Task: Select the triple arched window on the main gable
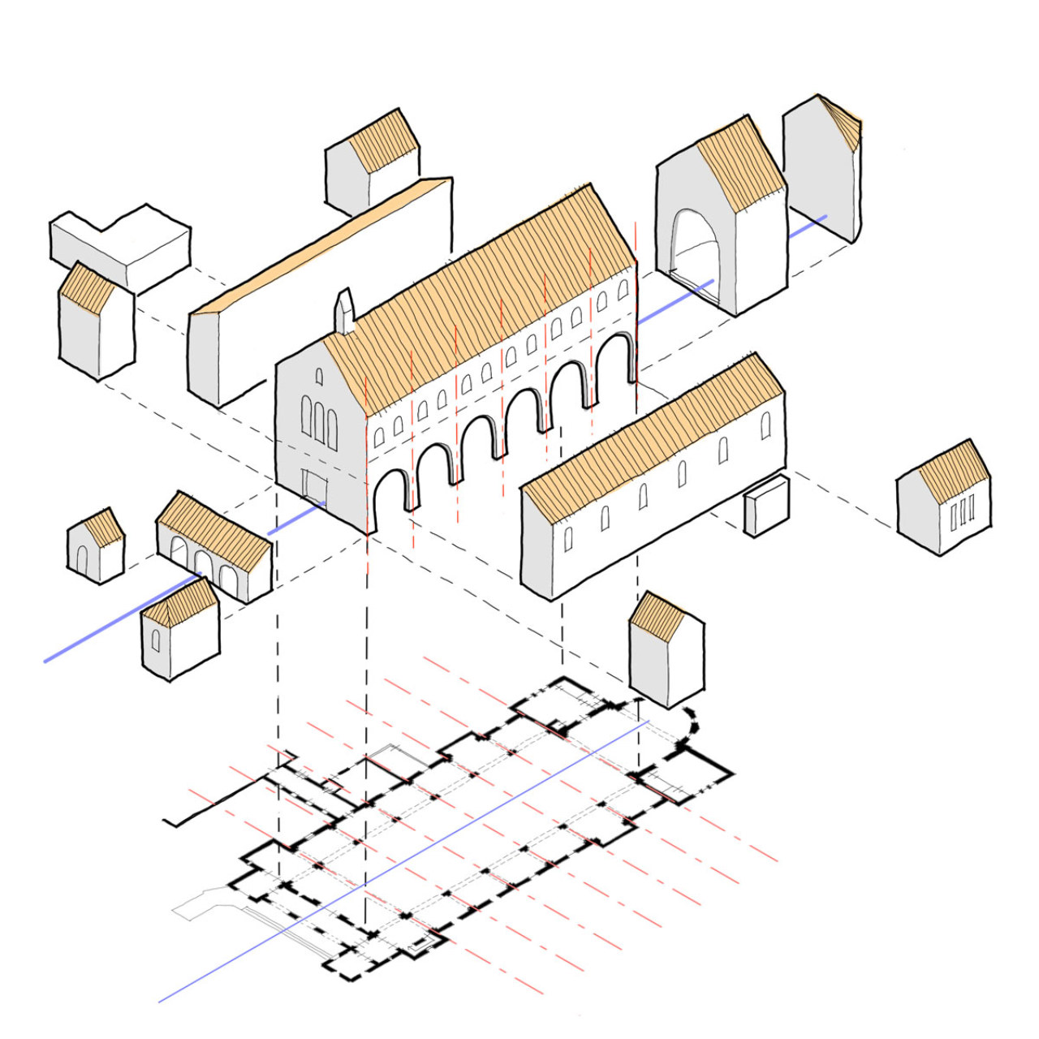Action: tap(320, 422)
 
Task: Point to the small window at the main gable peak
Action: tap(319, 377)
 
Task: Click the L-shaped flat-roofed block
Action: tap(122, 244)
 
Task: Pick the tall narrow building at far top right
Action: tap(821, 170)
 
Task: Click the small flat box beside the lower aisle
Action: tap(766, 505)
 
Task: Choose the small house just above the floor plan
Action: tap(666, 649)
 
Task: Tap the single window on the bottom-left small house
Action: tap(155, 640)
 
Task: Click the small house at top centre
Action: tap(372, 162)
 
